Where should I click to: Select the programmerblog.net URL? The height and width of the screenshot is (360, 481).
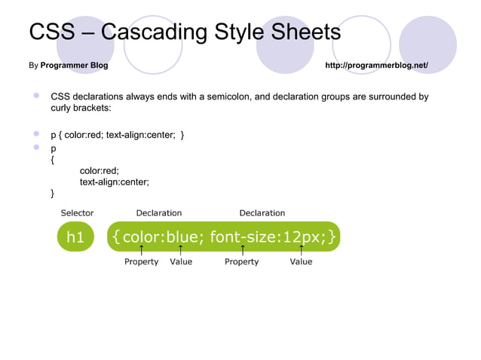tap(376, 66)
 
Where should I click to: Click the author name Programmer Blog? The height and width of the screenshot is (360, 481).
tap(74, 66)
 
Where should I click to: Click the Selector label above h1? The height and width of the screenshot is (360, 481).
tap(77, 213)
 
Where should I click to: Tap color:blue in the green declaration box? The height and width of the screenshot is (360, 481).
tap(159, 238)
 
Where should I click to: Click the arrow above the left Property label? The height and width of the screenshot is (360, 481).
tap(142, 249)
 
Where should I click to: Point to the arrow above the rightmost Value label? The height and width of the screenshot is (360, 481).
tap(302, 249)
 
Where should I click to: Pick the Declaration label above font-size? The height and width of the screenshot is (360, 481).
tap(262, 213)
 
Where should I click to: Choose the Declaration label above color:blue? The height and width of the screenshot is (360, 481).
tap(158, 213)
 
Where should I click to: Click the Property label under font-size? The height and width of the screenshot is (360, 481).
tap(241, 262)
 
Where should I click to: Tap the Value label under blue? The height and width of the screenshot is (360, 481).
tap(181, 262)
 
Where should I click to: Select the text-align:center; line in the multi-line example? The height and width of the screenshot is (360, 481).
tap(115, 182)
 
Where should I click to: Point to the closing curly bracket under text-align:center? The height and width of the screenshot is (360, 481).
tap(52, 194)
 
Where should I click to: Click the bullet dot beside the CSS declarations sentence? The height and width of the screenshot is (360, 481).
tap(35, 96)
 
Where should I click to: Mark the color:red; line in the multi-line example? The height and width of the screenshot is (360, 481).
tap(100, 171)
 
